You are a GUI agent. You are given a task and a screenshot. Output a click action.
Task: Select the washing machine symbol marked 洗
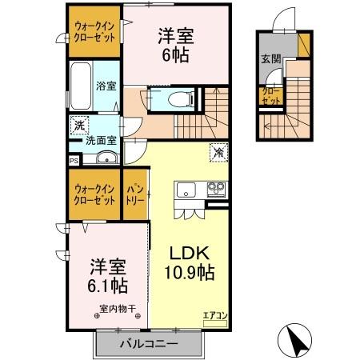point(78,125)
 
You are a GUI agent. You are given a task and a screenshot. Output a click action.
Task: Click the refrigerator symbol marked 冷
point(217,150)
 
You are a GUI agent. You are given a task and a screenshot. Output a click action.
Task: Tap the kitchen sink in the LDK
point(185,190)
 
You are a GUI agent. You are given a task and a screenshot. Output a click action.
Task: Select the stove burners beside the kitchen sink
point(215,190)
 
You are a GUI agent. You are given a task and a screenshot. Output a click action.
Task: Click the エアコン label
point(214,314)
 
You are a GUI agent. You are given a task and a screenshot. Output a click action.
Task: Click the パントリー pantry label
point(134,195)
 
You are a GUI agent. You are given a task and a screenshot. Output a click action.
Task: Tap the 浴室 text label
point(106,86)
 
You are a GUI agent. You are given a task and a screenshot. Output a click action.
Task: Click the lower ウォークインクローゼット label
point(94,194)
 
